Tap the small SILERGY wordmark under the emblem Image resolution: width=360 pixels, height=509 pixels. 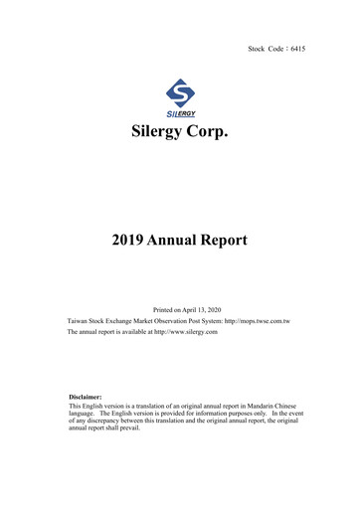coord(180,113)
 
